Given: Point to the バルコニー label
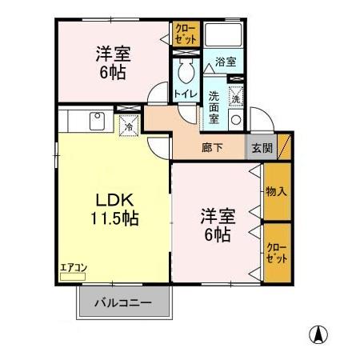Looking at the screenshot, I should pos(125,303).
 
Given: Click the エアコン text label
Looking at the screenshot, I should pos(72,269).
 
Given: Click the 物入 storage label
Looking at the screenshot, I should pos(276,191).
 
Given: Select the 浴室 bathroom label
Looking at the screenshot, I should pos(225,62).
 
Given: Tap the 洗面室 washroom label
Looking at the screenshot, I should pos(214,106).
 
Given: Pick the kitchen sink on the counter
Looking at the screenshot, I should pos(96,121).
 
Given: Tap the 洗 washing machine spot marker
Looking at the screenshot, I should pos(237,98).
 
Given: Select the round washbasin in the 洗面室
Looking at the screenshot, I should pos(235,121).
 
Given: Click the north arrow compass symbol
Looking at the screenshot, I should pos(318,334).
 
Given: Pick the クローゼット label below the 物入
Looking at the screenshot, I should pos(276,254).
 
